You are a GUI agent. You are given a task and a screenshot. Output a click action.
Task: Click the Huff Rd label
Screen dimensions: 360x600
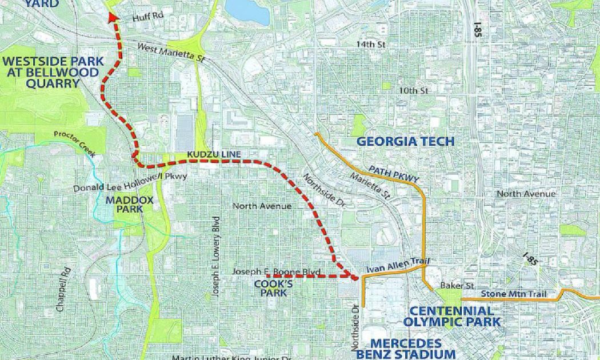[147, 16]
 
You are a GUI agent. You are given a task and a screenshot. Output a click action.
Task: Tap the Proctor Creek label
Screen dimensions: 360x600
[74, 143]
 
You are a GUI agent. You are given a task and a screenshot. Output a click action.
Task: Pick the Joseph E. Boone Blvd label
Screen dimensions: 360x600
[277, 271]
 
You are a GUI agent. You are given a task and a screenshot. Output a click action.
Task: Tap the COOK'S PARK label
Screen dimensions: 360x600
[270, 288]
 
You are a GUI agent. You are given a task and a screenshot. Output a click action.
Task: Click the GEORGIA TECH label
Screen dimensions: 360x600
[405, 142]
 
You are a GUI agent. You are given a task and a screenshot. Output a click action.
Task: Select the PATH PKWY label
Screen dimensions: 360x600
[394, 174]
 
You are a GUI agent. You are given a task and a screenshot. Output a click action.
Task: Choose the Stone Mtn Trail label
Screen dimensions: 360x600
[514, 294]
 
